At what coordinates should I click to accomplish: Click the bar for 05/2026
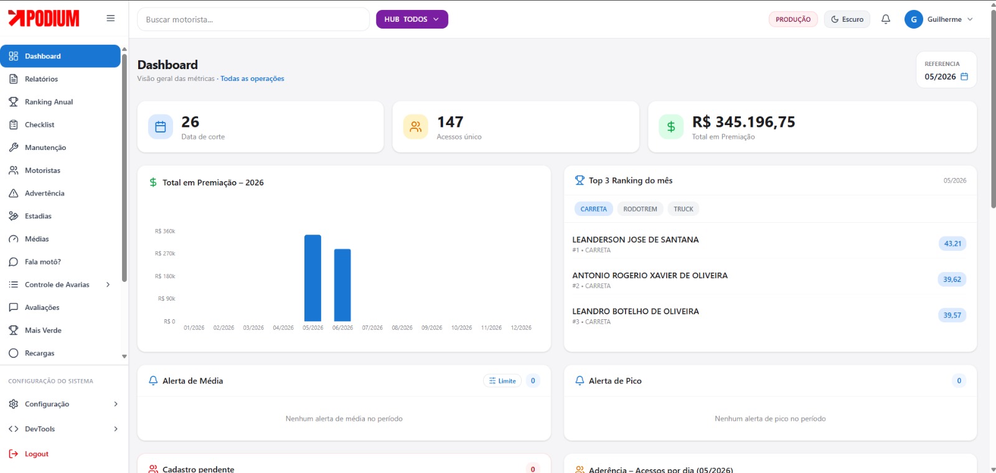(x=312, y=278)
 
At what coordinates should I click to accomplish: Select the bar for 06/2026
(x=342, y=285)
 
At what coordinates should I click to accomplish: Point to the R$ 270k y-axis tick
(x=165, y=253)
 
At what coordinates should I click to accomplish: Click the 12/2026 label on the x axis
(x=520, y=327)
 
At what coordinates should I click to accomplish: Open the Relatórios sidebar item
(x=41, y=78)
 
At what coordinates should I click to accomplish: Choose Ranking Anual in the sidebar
(x=49, y=102)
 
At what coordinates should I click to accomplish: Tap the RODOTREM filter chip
(x=640, y=209)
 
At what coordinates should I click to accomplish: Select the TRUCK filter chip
(x=683, y=209)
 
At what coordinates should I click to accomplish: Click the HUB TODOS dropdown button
(x=411, y=19)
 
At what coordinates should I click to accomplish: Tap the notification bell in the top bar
(x=886, y=19)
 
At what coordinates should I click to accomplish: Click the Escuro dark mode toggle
(x=847, y=19)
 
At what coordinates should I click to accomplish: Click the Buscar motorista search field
(x=253, y=19)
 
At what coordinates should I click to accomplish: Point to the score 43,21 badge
(x=952, y=243)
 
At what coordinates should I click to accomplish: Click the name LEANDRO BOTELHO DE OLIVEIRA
(x=636, y=311)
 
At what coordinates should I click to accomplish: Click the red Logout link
(x=37, y=454)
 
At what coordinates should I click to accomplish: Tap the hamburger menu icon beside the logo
(x=111, y=18)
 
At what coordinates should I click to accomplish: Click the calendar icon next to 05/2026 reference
(x=964, y=77)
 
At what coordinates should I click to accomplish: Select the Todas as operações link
(x=252, y=78)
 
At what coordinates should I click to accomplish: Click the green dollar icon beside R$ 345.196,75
(x=671, y=127)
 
